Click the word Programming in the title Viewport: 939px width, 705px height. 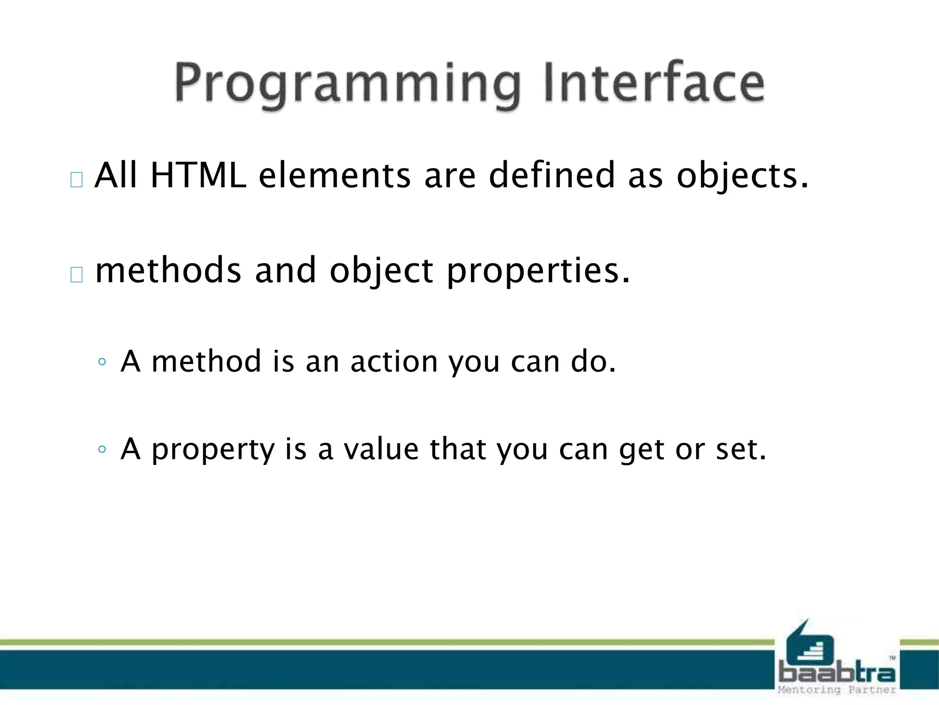[x=348, y=84]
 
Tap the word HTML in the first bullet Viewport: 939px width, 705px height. [x=198, y=176]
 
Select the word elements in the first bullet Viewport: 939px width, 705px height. [x=334, y=176]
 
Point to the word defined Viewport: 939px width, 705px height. [x=552, y=176]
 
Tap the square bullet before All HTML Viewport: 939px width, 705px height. [x=77, y=180]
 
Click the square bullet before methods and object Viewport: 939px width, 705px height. [x=77, y=274]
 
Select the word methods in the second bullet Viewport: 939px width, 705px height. [x=168, y=270]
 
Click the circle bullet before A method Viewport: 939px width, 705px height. [x=102, y=362]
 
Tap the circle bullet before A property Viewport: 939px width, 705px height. [x=102, y=449]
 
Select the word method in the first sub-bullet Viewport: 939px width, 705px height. [x=206, y=362]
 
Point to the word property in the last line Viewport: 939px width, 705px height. [x=213, y=450]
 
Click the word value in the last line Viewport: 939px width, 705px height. [x=381, y=449]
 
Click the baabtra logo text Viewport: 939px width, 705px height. [x=837, y=673]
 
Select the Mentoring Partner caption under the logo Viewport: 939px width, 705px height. [x=837, y=690]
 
